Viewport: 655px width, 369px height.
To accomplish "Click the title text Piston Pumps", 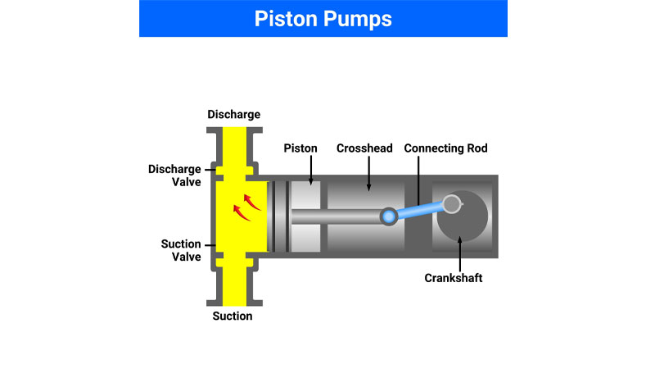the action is [323, 19].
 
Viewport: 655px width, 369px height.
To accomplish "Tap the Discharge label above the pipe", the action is [234, 114].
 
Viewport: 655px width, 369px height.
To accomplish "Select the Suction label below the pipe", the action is [233, 316].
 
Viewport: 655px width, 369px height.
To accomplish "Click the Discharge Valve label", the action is [174, 175].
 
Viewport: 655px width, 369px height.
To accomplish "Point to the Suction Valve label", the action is [181, 250].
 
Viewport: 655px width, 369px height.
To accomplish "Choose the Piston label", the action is [300, 148].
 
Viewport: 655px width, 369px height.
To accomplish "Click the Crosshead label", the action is [364, 148].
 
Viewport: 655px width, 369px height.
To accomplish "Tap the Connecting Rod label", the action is [445, 148].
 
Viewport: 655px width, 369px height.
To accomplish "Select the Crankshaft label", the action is [454, 278].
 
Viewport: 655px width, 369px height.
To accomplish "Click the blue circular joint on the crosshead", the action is [389, 216].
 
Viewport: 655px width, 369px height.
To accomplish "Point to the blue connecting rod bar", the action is [419, 211].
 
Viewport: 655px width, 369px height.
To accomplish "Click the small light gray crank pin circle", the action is [452, 204].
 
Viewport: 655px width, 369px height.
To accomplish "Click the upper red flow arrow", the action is [252, 202].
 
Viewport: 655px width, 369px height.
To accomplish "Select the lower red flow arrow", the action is [242, 212].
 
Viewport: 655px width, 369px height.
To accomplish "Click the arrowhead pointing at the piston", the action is [311, 182].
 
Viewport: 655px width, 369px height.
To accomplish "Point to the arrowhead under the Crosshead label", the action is [368, 188].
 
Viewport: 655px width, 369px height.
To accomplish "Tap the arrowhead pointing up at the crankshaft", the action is [459, 239].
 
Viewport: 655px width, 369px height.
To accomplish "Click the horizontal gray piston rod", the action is [337, 216].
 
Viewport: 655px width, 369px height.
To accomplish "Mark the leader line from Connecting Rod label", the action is [418, 180].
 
